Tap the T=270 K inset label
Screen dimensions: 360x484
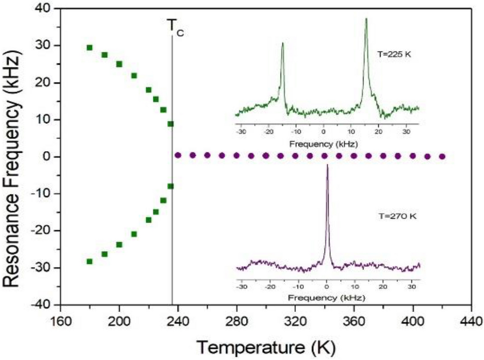point(396,216)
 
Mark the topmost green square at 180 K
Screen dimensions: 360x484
point(90,47)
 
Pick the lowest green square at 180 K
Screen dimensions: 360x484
point(90,261)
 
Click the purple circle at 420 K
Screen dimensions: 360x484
point(442,157)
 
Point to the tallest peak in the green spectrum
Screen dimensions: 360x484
point(366,20)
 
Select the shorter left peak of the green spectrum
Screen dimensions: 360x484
point(282,44)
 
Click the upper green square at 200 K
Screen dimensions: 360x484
point(119,64)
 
